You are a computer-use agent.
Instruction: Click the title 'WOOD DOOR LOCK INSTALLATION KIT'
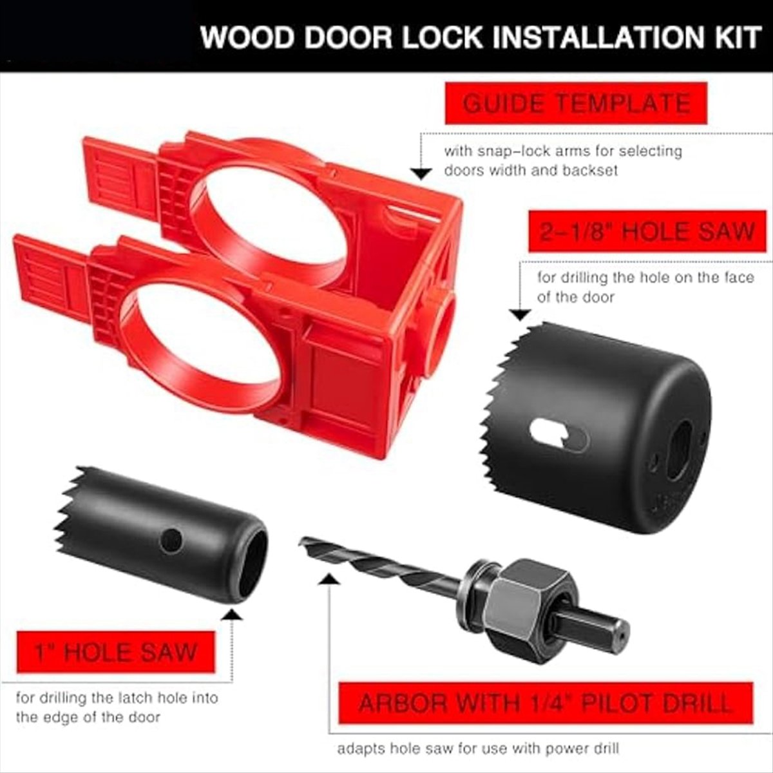click(x=481, y=37)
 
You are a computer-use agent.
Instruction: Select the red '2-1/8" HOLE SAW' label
click(x=648, y=232)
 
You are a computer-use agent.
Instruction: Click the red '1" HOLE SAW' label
click(x=115, y=652)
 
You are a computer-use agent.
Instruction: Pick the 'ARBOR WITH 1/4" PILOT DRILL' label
click(x=545, y=703)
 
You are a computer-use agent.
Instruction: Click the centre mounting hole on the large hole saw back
click(x=679, y=450)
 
